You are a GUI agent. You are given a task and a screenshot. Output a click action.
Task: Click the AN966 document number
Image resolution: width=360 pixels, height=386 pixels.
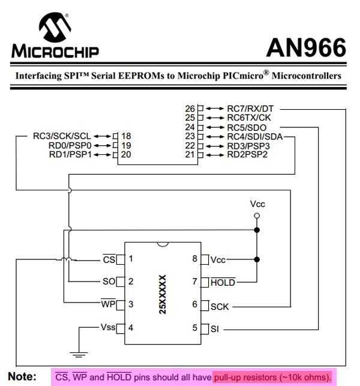tap(306, 48)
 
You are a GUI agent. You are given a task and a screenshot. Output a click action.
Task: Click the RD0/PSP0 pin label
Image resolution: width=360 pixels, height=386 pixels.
tap(71, 145)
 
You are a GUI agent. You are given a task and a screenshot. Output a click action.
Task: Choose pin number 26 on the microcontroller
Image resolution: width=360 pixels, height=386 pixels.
tap(190, 109)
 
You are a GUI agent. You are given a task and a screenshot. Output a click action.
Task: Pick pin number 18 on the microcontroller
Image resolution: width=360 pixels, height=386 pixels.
tap(126, 136)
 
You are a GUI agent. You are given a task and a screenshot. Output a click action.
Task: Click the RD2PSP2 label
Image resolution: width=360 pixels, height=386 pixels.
tap(247, 154)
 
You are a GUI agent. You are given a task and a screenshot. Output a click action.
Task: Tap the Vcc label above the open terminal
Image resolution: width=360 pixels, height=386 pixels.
tap(257, 204)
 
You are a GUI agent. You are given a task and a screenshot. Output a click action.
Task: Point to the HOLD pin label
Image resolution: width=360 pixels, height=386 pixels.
tap(223, 282)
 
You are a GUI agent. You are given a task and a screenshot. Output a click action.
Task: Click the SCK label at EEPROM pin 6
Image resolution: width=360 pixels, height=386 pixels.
tap(220, 306)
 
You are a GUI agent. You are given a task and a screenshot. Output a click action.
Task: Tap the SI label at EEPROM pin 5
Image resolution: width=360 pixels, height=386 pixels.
tap(215, 328)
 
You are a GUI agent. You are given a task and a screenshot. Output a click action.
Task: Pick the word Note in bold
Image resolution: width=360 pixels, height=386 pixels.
tap(22, 377)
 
